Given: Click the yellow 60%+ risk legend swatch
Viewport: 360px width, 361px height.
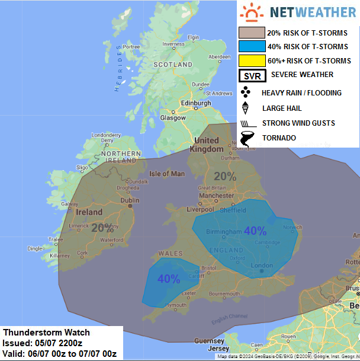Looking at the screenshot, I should [251, 60].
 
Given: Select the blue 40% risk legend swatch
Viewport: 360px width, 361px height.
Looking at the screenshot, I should [251, 46].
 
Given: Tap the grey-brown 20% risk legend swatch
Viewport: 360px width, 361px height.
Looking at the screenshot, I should [251, 33].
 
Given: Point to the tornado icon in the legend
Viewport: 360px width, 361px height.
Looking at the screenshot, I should [247, 139].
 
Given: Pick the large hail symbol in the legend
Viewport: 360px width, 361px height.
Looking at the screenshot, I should [246, 108].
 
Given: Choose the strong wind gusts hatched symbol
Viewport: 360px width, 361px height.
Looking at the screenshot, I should [246, 123].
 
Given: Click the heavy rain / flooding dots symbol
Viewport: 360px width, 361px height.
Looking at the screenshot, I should [246, 92].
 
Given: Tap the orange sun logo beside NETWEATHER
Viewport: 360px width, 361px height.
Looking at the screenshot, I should [255, 12].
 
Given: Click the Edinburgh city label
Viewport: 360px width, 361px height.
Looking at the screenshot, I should [195, 103].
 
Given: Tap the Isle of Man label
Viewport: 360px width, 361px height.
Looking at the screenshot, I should [166, 174].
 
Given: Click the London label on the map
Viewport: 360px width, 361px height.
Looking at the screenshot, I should [262, 265].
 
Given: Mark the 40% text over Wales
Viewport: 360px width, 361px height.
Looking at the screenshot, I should [168, 279].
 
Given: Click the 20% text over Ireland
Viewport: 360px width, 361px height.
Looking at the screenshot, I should [102, 227].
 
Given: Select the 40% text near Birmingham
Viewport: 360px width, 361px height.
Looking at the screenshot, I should [255, 231].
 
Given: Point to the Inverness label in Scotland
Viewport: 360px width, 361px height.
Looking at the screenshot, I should [174, 44].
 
